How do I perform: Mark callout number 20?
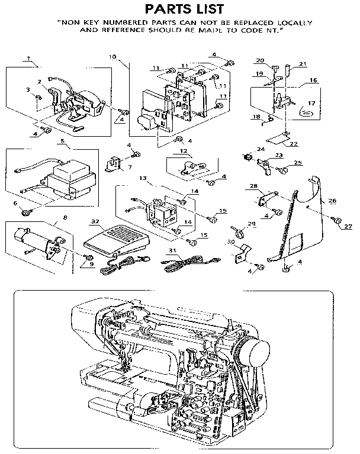tap(259, 60)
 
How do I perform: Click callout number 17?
tap(311, 102)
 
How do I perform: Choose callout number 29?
tap(252, 223)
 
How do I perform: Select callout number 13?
tap(142, 178)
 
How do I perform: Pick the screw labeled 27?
tap(337, 220)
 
